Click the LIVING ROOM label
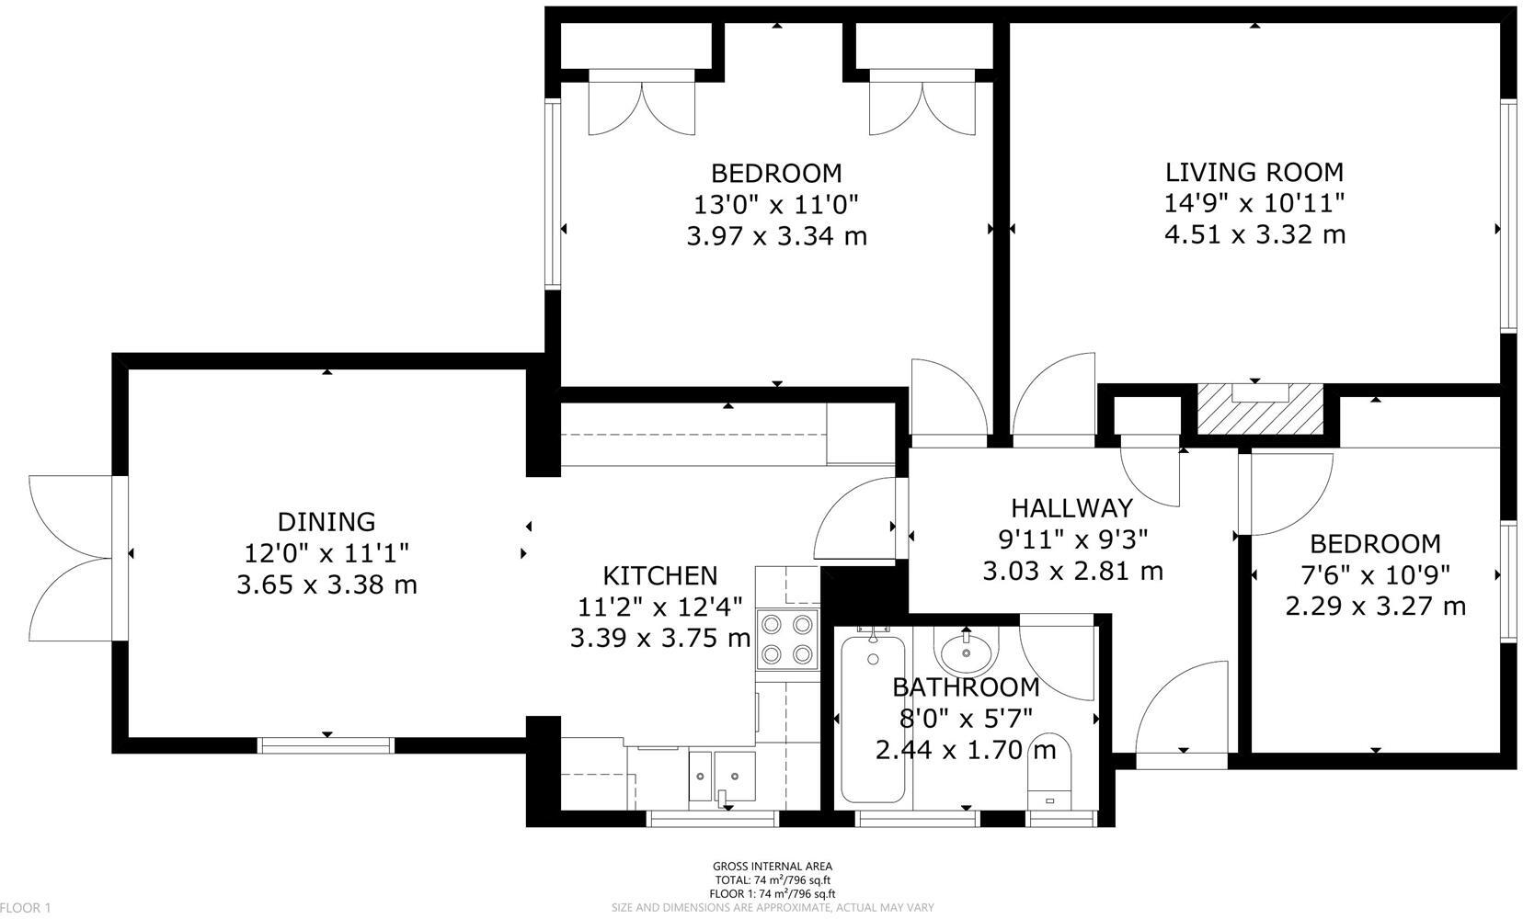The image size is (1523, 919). coord(1254,172)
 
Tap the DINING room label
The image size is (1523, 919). coord(326,521)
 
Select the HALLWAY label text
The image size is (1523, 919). coord(1071,507)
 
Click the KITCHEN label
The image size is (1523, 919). coord(659,575)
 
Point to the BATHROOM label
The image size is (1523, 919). coord(966,686)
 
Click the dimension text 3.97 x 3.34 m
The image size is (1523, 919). coord(776,236)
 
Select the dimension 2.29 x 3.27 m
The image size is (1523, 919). coord(1375,606)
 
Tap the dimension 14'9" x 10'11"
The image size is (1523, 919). coord(1254,203)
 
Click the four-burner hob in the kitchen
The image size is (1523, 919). coord(787,639)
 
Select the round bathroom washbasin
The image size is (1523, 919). coord(966,653)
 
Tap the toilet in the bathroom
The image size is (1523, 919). coord(1048,772)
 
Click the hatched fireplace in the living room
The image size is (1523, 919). coord(1258,408)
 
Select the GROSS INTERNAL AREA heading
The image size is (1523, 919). coord(772,866)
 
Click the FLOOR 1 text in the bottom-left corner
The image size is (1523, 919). coord(25,908)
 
